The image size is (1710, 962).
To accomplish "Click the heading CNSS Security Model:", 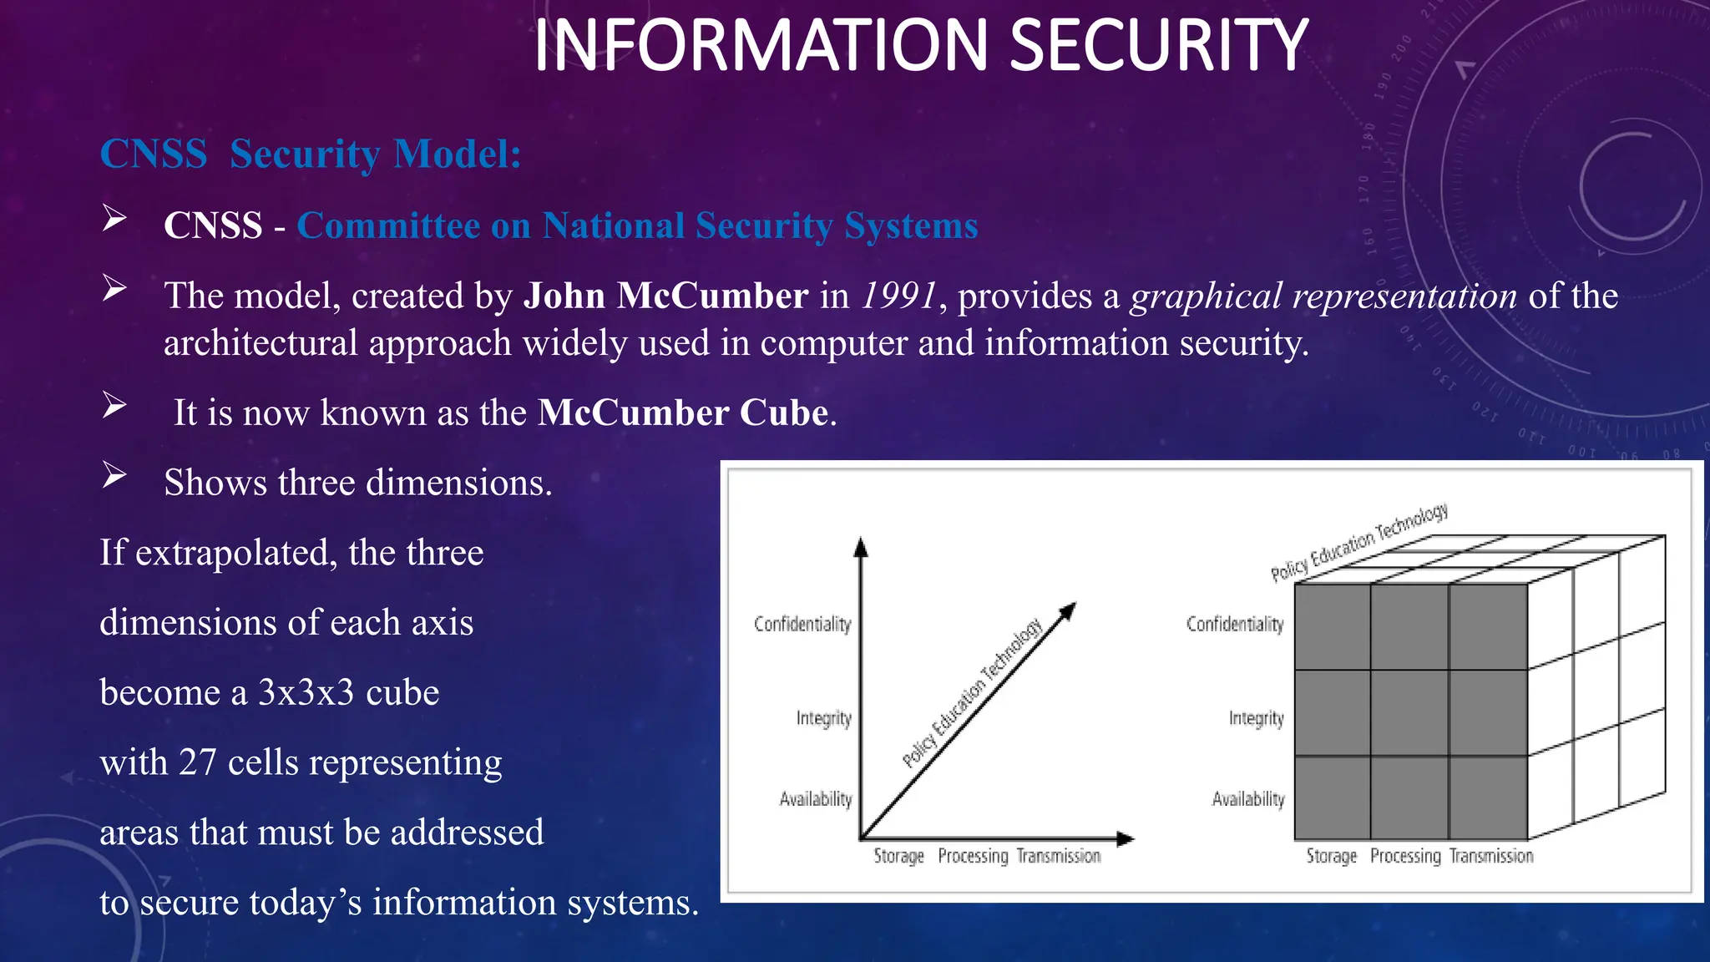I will coord(311,154).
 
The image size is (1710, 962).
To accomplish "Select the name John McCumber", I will coord(665,296).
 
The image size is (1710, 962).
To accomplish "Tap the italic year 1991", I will coord(899,296).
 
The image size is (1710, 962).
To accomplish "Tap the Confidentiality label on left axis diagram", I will coord(802,624).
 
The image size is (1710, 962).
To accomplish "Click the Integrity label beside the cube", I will coord(1256,718).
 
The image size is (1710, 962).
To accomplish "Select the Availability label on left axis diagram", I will coord(815,799).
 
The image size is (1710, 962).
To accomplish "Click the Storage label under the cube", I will coord(1331,856).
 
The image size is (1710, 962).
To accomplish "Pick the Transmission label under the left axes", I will coord(1059,856).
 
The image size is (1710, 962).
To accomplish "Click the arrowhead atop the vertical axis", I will coord(861,547).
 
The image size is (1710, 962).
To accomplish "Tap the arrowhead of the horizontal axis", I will coord(1126,838).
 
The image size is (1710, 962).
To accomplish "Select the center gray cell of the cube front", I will coord(1409,712).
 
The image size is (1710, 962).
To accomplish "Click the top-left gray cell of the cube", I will coord(1333,626).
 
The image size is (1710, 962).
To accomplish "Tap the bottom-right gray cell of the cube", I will coord(1488,797).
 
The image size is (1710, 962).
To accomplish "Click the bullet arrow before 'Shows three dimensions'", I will coord(114,475).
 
